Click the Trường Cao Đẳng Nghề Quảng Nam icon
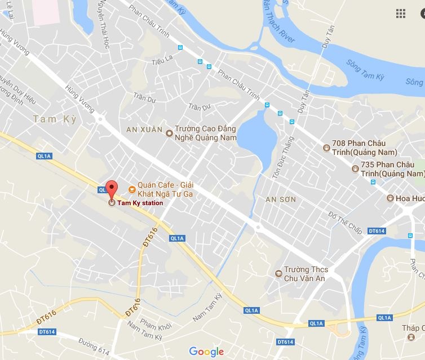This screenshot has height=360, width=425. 169,133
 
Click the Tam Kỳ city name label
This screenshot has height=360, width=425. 54,119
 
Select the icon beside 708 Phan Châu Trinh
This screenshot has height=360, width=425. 326,148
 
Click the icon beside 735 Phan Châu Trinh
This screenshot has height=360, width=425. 355,168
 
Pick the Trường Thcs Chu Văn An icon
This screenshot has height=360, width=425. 277,274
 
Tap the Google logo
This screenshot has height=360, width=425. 206,352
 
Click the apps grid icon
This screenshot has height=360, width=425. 401,14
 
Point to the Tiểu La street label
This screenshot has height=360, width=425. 154,59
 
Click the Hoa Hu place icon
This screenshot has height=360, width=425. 390,198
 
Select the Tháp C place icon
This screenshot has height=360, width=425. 410,336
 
